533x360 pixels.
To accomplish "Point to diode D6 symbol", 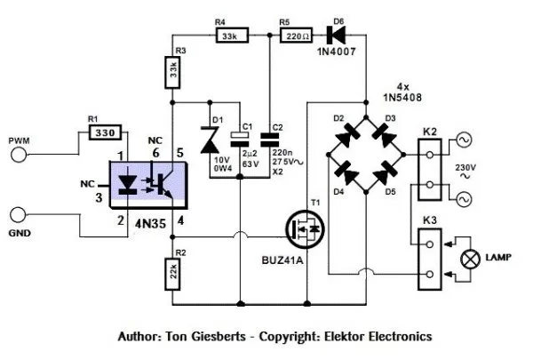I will coord(337,36).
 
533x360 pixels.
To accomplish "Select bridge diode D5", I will coord(384,176).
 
